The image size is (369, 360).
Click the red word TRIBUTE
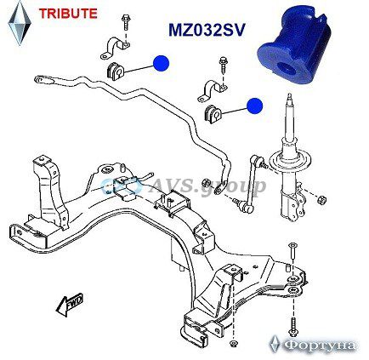point(68,14)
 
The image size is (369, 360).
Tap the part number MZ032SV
point(207,30)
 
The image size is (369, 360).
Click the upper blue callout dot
point(161,63)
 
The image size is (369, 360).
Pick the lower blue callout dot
point(254,106)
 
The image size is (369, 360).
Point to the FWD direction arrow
point(70,304)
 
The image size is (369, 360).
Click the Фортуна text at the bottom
point(320,346)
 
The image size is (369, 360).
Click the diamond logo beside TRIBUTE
point(20,23)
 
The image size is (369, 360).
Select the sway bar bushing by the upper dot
point(116,71)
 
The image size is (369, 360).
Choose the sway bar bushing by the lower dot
point(213,114)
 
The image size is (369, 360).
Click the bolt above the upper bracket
point(125,24)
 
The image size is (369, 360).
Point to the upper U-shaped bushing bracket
point(116,47)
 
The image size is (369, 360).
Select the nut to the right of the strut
point(322,200)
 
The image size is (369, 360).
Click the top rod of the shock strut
point(289,117)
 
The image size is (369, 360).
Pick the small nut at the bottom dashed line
point(233,344)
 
